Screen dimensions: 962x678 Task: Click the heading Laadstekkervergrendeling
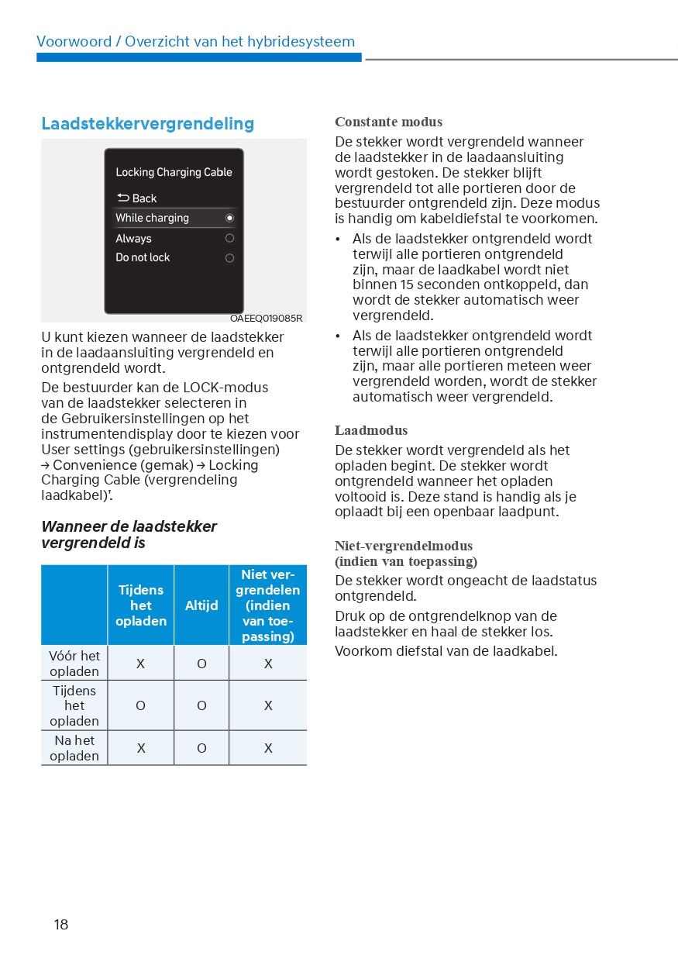pyautogui.click(x=147, y=124)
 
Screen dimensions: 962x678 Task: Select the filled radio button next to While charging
pyautogui.click(x=229, y=219)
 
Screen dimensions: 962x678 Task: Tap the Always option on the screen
pyautogui.click(x=134, y=239)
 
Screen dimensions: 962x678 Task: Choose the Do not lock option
pyautogui.click(x=143, y=257)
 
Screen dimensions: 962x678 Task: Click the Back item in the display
pyautogui.click(x=137, y=198)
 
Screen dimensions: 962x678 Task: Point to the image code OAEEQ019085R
pyautogui.click(x=266, y=318)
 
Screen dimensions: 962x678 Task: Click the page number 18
pyautogui.click(x=61, y=924)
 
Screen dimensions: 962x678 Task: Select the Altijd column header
pyautogui.click(x=201, y=605)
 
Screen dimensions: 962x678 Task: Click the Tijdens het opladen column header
pyautogui.click(x=141, y=605)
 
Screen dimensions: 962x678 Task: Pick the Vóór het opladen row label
pyautogui.click(x=74, y=664)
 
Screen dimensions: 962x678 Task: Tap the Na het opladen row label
pyautogui.click(x=74, y=748)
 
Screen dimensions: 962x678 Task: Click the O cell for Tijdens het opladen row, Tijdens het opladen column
pyautogui.click(x=141, y=705)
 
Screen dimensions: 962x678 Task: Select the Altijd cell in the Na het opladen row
pyautogui.click(x=201, y=748)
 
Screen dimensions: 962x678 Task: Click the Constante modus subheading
pyautogui.click(x=388, y=122)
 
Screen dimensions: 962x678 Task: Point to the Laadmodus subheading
pyautogui.click(x=371, y=430)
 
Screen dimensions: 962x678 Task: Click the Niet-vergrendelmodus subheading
pyautogui.click(x=404, y=546)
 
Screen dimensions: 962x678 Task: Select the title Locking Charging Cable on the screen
pyautogui.click(x=174, y=172)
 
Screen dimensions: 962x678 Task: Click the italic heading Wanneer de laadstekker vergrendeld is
pyautogui.click(x=129, y=535)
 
